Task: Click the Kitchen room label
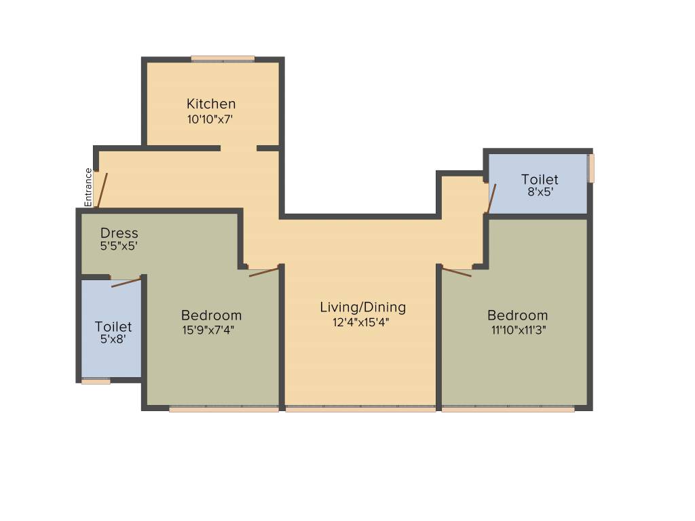(x=211, y=104)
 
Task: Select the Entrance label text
(x=88, y=187)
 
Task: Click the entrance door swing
(x=102, y=189)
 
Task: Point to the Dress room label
(x=119, y=233)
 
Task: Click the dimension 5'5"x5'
(x=119, y=246)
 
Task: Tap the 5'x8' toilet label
(x=113, y=327)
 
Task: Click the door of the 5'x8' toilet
(x=126, y=282)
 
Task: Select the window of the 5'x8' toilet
(x=96, y=381)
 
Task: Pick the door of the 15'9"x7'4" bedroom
(x=264, y=272)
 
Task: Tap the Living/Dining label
(x=362, y=307)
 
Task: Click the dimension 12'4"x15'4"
(x=360, y=323)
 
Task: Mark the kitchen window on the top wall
(x=223, y=59)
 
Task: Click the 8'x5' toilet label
(x=540, y=179)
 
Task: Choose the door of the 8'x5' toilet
(x=491, y=197)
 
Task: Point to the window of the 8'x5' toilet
(x=591, y=168)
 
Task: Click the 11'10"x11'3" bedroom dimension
(x=517, y=330)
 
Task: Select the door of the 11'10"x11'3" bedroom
(x=457, y=273)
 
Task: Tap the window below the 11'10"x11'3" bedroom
(x=508, y=409)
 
